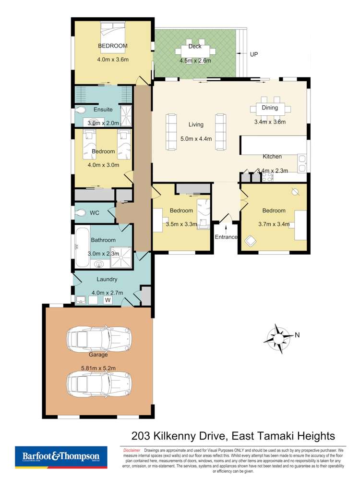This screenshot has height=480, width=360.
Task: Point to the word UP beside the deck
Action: tap(254, 54)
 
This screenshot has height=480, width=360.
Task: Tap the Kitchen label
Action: tap(272, 157)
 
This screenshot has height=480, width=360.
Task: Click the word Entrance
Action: tap(226, 237)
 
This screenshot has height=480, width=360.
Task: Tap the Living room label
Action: tap(196, 124)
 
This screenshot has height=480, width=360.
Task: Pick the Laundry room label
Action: tap(107, 279)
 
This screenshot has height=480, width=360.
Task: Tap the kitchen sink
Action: tap(302, 163)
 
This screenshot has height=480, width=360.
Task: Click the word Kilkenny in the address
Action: tap(176, 436)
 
